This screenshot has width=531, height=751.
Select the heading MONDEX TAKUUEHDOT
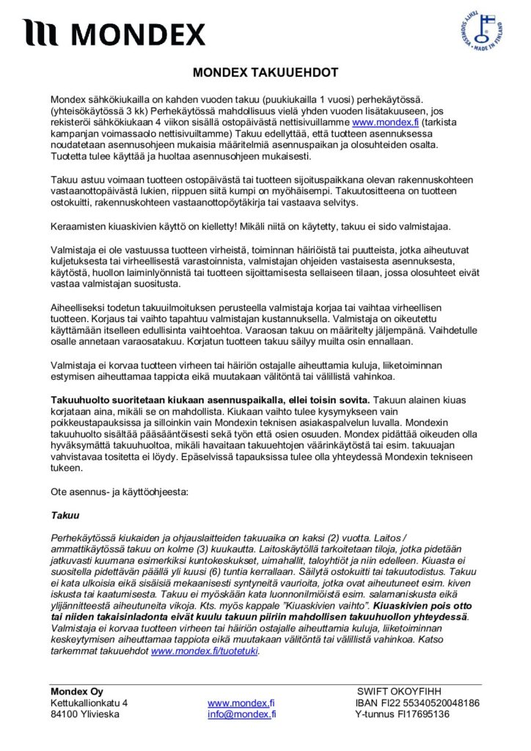[x=265, y=73]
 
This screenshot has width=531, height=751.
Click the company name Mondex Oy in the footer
[x=77, y=691]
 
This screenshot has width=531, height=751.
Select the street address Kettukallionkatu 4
[x=89, y=703]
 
